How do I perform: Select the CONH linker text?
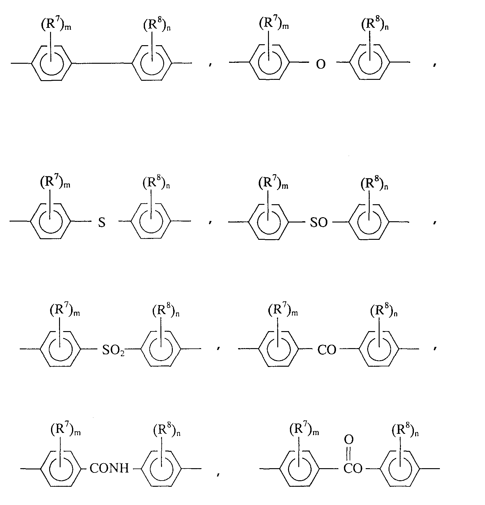point(109,468)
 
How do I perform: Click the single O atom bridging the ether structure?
point(321,64)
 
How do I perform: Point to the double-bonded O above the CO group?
point(349,439)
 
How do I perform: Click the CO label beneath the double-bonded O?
point(353,469)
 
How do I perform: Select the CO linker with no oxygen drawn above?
point(327,350)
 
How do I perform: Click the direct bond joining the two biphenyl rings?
point(102,64)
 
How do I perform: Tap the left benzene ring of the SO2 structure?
point(61,349)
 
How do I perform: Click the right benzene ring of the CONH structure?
point(161,469)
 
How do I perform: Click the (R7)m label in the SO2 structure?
point(65,310)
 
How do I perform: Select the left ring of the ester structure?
point(300,469)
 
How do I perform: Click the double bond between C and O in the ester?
point(349,453)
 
